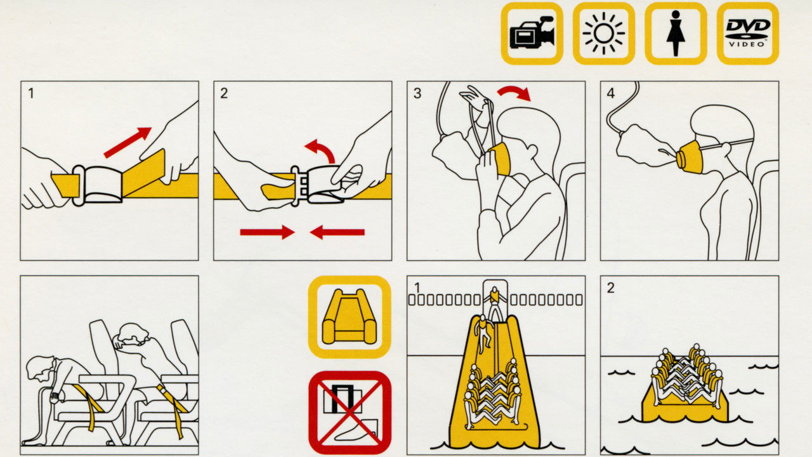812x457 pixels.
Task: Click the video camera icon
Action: (x=532, y=34)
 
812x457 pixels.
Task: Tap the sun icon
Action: (x=603, y=34)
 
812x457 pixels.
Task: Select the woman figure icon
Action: (x=676, y=34)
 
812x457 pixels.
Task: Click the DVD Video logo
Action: (x=747, y=34)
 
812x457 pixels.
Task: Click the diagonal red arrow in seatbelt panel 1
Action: (x=128, y=142)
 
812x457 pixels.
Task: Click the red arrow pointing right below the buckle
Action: (x=267, y=232)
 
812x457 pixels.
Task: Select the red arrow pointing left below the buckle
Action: (x=337, y=232)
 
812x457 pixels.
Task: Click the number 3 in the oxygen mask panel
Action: (x=417, y=93)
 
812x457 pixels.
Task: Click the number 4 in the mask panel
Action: (x=611, y=93)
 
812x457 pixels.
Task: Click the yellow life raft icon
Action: (x=350, y=317)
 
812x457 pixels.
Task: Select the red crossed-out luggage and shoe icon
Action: (x=350, y=413)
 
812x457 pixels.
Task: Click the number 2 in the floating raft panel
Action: (x=611, y=288)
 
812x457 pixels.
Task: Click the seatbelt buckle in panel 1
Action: (x=97, y=184)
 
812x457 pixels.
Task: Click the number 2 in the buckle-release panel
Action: (x=224, y=93)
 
